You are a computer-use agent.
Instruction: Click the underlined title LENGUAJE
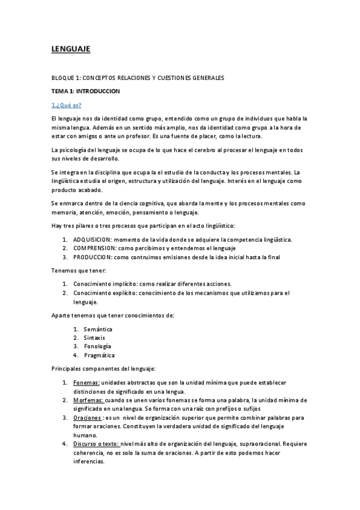point(70,50)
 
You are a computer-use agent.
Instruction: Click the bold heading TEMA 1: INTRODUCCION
point(86,91)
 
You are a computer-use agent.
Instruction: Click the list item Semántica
point(97,329)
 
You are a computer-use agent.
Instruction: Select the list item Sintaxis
point(94,338)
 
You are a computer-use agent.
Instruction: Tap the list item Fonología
point(97,346)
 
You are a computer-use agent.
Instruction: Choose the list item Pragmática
point(99,355)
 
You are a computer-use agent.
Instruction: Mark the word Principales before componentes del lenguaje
point(67,369)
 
